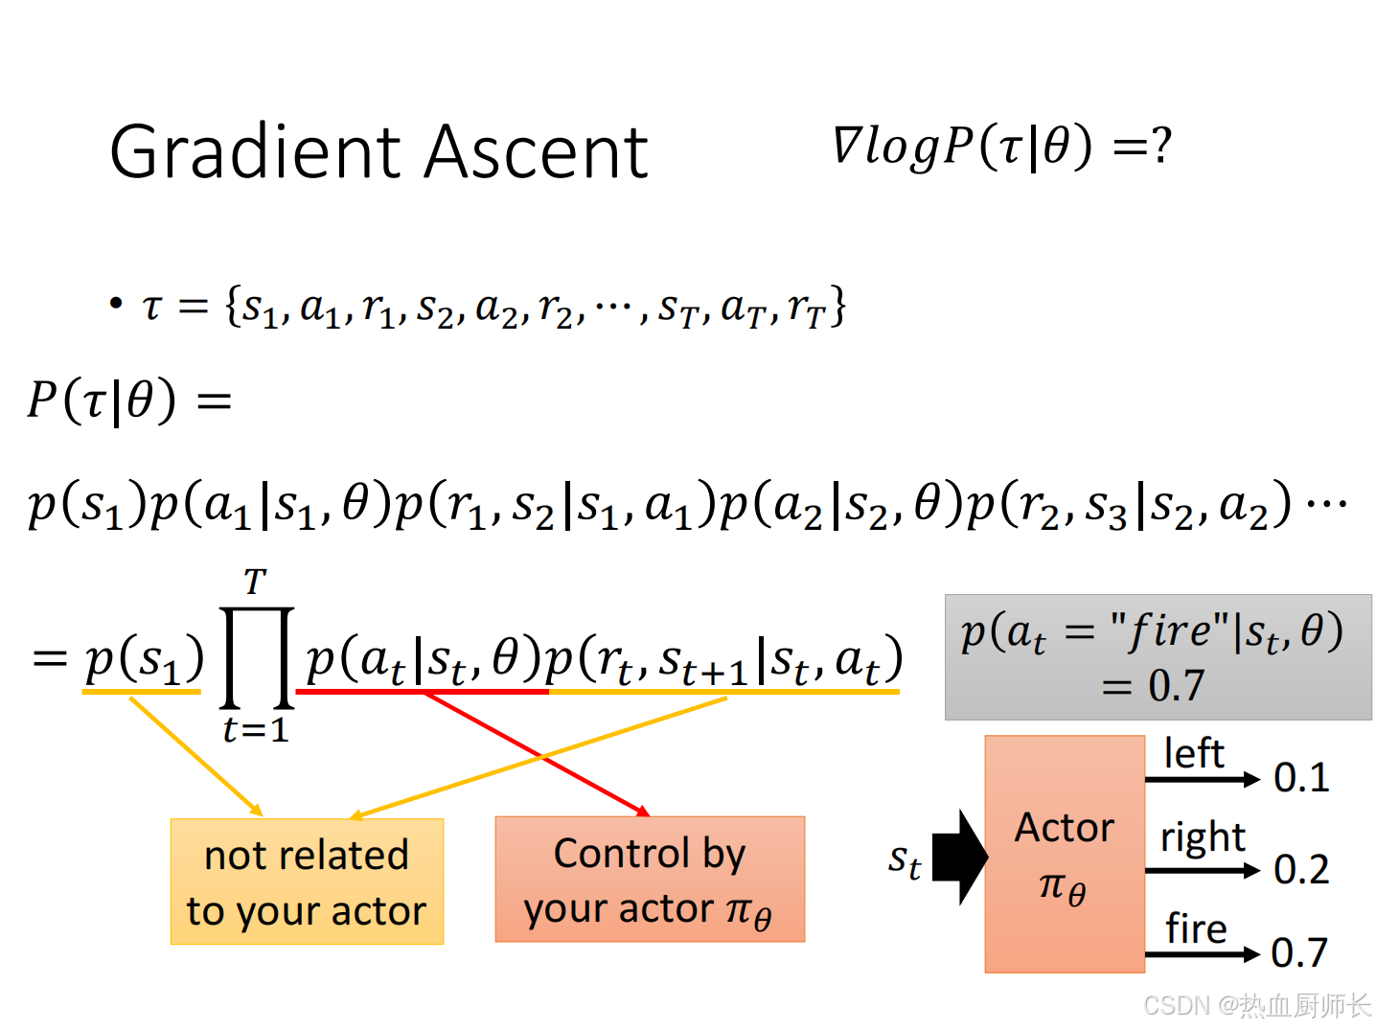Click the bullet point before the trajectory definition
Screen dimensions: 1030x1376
pyautogui.click(x=116, y=305)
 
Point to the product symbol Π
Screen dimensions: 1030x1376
pyautogui.click(x=257, y=657)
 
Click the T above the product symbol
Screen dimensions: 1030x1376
pyautogui.click(x=255, y=582)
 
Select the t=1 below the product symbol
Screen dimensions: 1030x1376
pyautogui.click(x=255, y=730)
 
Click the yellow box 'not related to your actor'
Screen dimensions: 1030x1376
pyautogui.click(x=307, y=881)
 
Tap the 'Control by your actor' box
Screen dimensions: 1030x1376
pyautogui.click(x=650, y=880)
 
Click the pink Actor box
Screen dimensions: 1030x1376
pyautogui.click(x=1065, y=854)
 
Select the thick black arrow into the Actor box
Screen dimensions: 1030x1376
pyautogui.click(x=959, y=857)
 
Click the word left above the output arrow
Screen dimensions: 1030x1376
pyautogui.click(x=1194, y=754)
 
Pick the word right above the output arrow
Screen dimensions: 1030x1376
pyautogui.click(x=1203, y=838)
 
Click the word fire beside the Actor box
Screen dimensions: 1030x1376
pyautogui.click(x=1196, y=928)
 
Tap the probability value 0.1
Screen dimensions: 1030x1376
pyautogui.click(x=1301, y=778)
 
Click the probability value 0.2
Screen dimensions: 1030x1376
pyautogui.click(x=1301, y=870)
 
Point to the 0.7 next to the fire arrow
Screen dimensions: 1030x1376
pyautogui.click(x=1299, y=953)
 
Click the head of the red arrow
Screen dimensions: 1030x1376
pyautogui.click(x=642, y=812)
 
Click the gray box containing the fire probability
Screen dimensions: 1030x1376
pyautogui.click(x=1158, y=657)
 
